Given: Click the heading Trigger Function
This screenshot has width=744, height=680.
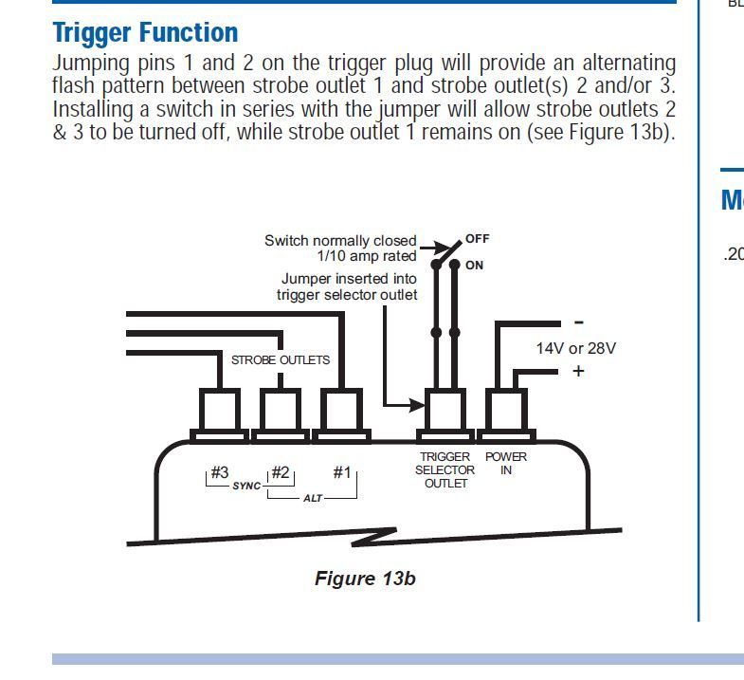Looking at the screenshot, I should coord(145,32).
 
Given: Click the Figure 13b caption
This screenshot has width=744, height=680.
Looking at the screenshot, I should coord(365,578).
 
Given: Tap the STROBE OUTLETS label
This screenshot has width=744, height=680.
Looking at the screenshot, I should coord(281,360).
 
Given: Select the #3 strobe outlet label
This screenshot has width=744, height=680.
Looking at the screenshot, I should coord(219,472).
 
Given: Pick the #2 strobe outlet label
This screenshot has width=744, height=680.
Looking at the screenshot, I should coord(280,472).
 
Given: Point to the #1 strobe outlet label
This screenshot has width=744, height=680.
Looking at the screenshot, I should coord(341,472).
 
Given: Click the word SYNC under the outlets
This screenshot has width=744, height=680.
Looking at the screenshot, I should coord(246,486).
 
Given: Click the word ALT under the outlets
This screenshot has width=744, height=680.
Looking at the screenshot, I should coord(313,498).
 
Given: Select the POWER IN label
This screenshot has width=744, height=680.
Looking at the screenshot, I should coord(506,463).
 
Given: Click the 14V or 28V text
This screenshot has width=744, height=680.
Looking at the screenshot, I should coord(575,348).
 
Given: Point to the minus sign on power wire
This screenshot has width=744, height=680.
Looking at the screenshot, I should coord(578,322).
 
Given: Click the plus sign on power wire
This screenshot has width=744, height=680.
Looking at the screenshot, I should coord(578,371).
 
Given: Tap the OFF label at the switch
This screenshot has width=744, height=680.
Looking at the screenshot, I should coord(478,239).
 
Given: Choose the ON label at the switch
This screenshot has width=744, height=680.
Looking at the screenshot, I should coord(474,266).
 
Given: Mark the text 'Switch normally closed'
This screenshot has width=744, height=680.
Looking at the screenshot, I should coord(340,241).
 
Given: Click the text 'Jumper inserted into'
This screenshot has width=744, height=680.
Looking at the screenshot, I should coord(349,280).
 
